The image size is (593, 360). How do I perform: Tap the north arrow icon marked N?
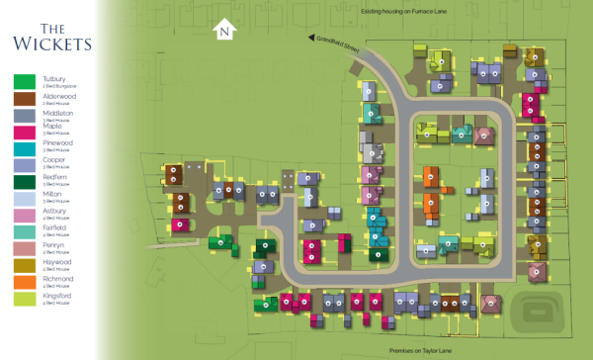click(x=225, y=30)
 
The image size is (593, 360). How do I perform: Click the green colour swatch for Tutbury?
click(x=25, y=81)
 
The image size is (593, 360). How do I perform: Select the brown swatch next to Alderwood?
click(x=25, y=98)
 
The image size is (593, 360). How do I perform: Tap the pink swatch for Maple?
click(x=25, y=132)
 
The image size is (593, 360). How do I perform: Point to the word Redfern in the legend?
click(x=55, y=178)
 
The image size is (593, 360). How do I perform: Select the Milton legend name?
click(x=53, y=195)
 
